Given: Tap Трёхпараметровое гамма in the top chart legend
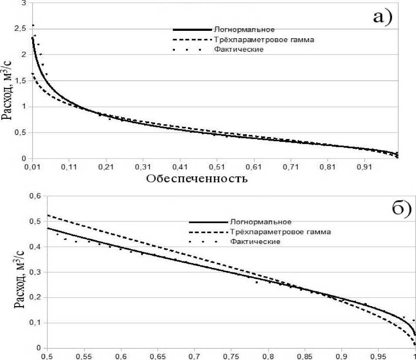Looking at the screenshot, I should [x=263, y=40].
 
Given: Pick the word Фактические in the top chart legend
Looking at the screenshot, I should [x=239, y=50].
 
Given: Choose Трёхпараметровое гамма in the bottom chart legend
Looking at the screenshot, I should [x=281, y=232].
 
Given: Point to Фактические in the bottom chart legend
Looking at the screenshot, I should [x=256, y=241].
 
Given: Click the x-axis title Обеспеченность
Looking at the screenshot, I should [x=197, y=178].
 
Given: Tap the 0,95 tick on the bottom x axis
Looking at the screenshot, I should [x=378, y=356].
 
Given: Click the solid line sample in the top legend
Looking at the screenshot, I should [x=191, y=30].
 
